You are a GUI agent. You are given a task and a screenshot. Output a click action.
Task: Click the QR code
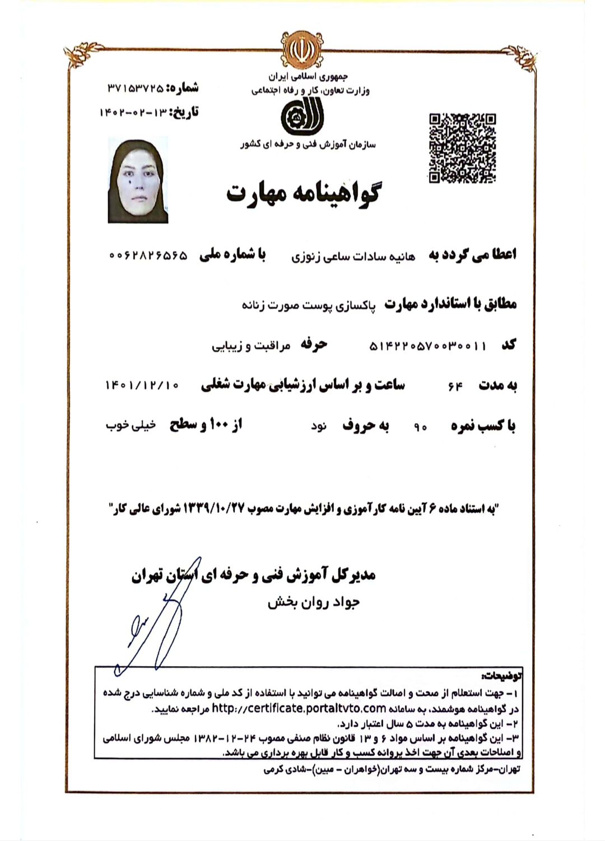pos(462,148)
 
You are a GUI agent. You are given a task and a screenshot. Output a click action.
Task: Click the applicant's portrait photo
pos(138,181)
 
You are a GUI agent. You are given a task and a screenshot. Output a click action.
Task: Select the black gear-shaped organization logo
pos(301,116)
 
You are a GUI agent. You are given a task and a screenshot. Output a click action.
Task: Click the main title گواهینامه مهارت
pos(303,192)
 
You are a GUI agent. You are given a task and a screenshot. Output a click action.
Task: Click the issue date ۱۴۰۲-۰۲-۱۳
pos(133,113)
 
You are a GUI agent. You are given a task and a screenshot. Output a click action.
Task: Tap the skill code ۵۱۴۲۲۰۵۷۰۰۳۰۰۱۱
pos(427,346)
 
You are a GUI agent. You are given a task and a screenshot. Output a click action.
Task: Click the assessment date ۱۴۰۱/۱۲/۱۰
pos(142,385)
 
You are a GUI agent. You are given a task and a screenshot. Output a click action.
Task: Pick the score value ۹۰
pos(421,428)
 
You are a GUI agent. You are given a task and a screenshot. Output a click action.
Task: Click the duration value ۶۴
pos(455,386)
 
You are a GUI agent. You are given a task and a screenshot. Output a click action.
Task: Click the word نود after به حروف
pos(319,427)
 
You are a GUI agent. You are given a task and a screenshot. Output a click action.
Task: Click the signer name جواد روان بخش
pos(313,603)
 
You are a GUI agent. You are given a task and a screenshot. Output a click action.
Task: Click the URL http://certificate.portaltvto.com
pos(299,708)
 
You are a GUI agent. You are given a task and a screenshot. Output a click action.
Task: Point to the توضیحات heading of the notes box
pos(501,675)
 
